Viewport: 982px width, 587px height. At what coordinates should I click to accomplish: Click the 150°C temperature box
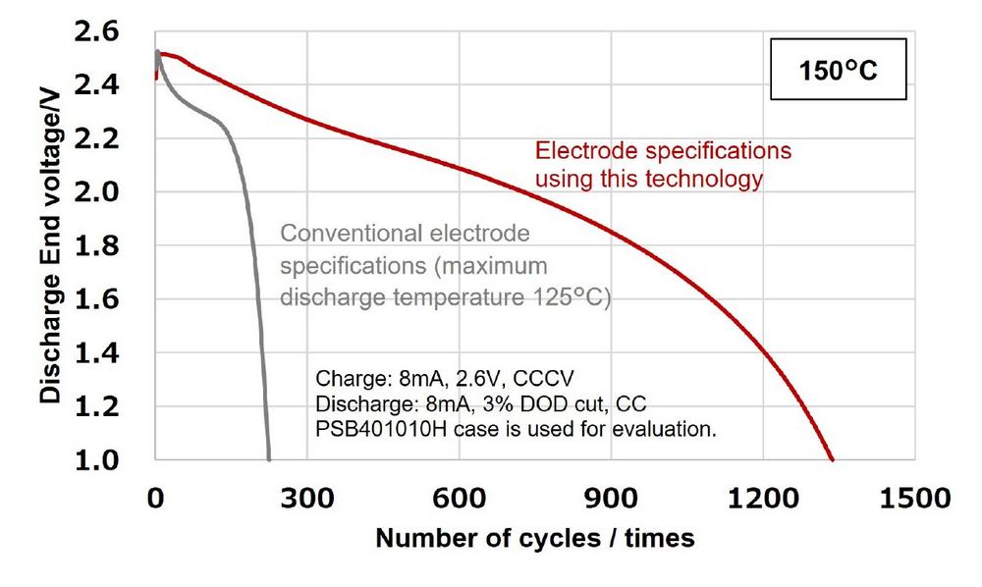click(836, 73)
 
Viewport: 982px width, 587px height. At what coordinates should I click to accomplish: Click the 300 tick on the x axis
click(307, 498)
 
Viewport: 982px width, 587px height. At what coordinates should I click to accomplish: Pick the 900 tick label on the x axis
click(611, 498)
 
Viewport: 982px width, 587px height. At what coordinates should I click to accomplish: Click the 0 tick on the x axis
click(155, 498)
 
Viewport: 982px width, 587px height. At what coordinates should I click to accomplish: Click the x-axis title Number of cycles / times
click(535, 538)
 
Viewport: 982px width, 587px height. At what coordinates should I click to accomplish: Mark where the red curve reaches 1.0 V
click(833, 458)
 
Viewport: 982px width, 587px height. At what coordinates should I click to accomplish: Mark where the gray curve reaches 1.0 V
click(269, 458)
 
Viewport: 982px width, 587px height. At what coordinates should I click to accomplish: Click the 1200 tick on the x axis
click(763, 498)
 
